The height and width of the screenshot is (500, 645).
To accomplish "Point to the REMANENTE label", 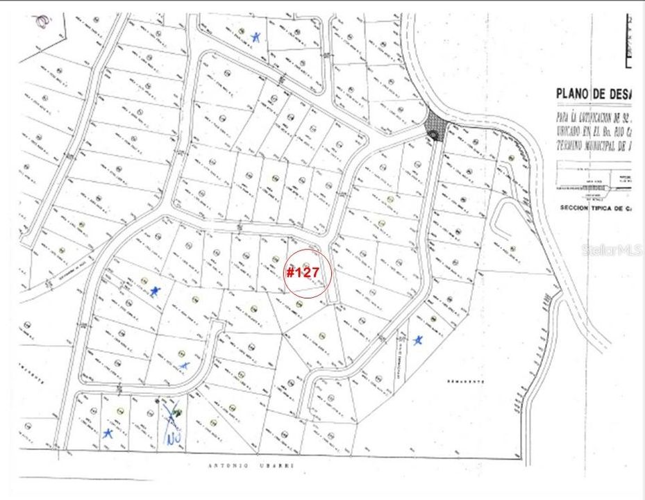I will (x=463, y=382).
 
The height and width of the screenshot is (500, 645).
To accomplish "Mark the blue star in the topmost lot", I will (x=256, y=36).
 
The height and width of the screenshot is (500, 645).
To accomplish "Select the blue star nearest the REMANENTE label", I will (x=417, y=340).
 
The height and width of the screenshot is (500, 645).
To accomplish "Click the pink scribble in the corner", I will (x=43, y=21).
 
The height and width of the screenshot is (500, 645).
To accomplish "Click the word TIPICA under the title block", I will (x=611, y=208).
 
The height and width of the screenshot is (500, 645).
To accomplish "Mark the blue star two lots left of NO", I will (x=108, y=433).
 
